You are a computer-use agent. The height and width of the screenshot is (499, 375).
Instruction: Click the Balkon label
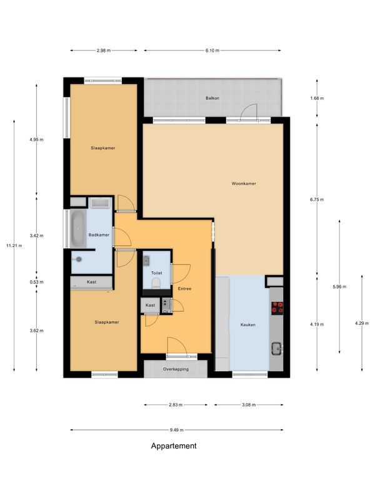(x=212, y=99)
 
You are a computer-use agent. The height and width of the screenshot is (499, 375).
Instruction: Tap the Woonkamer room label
(x=244, y=183)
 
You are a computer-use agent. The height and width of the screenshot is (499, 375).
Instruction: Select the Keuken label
(x=247, y=325)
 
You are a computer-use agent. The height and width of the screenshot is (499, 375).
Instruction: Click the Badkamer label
(x=99, y=235)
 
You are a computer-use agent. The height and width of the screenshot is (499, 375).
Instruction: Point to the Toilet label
(x=157, y=273)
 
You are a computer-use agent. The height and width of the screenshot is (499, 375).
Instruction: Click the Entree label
(x=184, y=289)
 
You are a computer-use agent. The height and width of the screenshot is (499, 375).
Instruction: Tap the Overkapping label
(x=176, y=369)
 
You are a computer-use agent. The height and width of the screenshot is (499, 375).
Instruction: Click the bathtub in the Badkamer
(x=78, y=228)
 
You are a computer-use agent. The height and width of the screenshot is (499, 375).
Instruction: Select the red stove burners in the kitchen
(x=277, y=308)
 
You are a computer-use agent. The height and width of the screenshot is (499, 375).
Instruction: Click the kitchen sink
(x=276, y=349)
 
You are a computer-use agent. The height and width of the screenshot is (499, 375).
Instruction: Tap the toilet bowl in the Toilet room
(x=156, y=283)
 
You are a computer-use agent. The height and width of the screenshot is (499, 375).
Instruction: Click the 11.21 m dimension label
(x=14, y=246)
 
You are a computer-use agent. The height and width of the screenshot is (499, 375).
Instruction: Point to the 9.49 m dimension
(x=177, y=430)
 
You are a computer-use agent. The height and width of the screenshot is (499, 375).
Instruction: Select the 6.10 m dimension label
(x=212, y=51)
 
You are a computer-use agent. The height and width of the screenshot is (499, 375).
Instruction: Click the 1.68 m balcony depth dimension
(x=317, y=99)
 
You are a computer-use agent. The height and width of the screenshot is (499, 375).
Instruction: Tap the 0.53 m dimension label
(x=36, y=282)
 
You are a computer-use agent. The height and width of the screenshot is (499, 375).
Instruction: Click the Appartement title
(x=174, y=446)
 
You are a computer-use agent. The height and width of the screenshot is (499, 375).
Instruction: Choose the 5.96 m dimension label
(x=339, y=287)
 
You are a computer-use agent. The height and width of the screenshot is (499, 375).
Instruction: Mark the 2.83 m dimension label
(x=176, y=405)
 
